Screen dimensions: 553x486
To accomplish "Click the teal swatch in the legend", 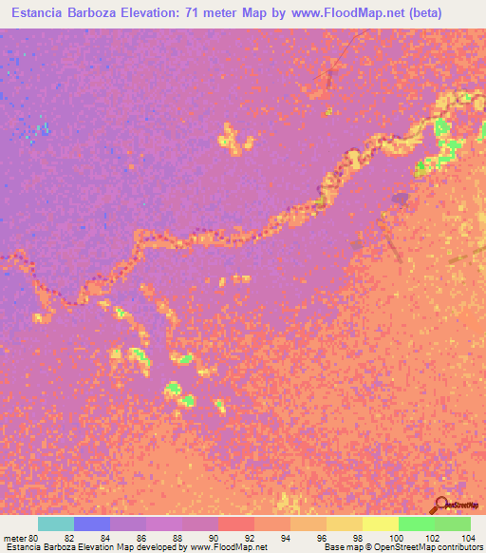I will (x=56, y=524).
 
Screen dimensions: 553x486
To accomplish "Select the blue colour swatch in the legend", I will (x=92, y=524).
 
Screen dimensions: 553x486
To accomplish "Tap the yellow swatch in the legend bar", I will (x=380, y=524).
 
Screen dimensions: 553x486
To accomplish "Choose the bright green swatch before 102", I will (x=416, y=524).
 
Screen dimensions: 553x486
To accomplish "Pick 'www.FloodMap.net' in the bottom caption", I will (x=228, y=547).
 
